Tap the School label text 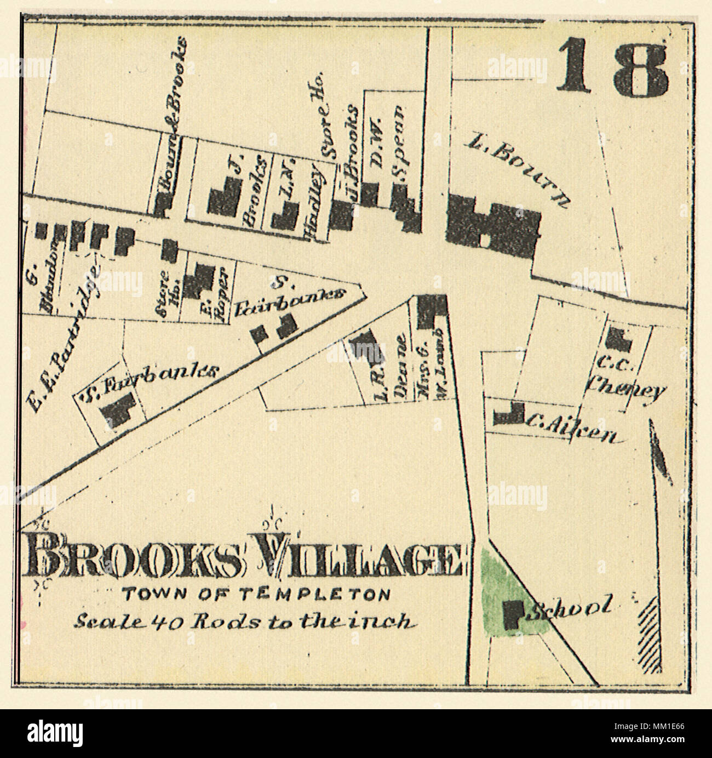click(568, 608)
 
